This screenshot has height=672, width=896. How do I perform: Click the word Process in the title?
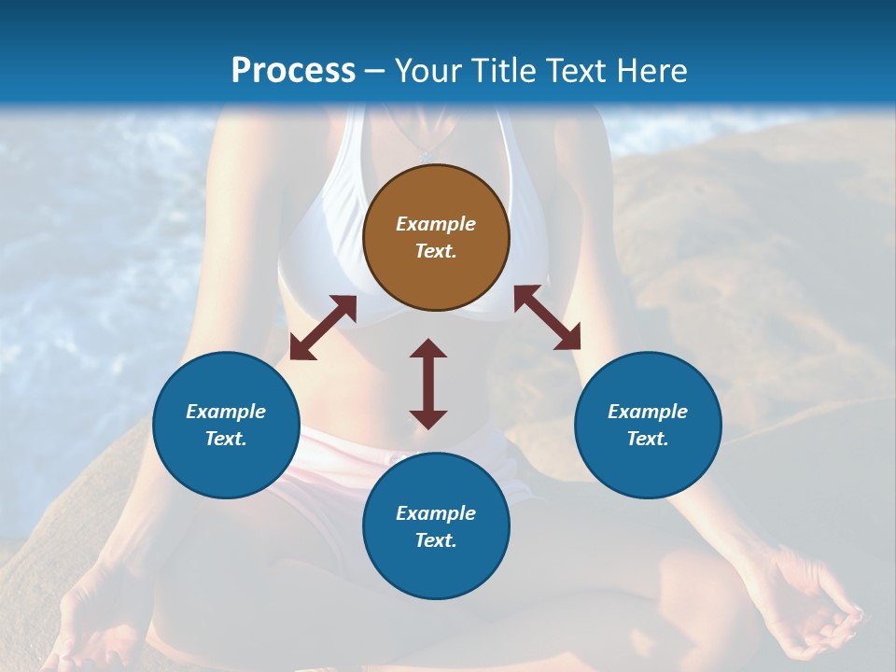[x=293, y=71]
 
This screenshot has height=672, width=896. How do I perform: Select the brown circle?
[x=436, y=237]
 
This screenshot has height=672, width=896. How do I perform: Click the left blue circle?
[x=226, y=425]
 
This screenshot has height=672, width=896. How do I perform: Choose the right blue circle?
[x=648, y=425]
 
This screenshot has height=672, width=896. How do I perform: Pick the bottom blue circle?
[x=436, y=526]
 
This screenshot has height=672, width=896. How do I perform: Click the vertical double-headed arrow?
[x=428, y=384]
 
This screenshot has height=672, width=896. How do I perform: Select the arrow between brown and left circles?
[x=323, y=328]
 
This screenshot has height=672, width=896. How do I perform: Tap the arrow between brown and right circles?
[x=547, y=317]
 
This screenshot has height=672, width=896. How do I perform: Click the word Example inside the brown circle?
[x=436, y=224]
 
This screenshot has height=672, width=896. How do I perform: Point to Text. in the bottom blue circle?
[x=436, y=540]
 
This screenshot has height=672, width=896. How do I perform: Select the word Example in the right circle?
[x=648, y=412]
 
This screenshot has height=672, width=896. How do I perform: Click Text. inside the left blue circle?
[x=226, y=439]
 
